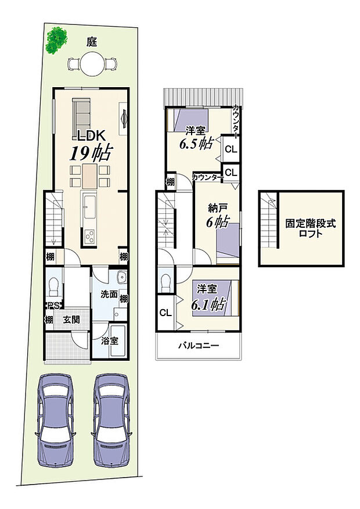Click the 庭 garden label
tap(91, 42)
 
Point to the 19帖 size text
tap(91, 153)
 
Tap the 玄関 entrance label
tap(72, 319)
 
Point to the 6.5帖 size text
tap(195, 144)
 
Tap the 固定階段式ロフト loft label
tap(302, 228)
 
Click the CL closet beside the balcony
tap(165, 313)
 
